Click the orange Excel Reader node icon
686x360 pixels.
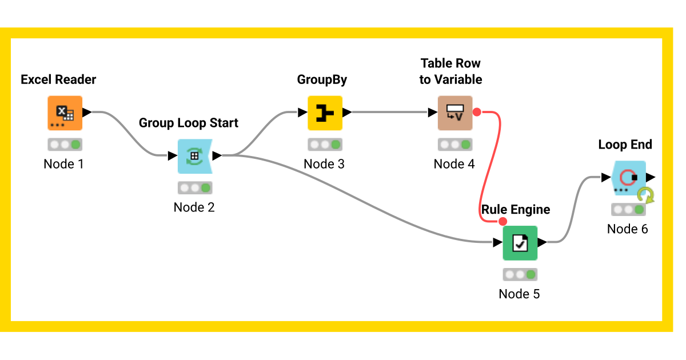[65, 113]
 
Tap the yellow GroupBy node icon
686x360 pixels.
[325, 113]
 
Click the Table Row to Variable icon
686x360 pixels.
[454, 113]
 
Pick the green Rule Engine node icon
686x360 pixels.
[520, 243]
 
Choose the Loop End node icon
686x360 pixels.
[628, 178]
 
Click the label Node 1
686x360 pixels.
[63, 164]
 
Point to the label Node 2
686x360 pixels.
[194, 207]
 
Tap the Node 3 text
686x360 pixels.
[324, 164]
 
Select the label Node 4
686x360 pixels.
[454, 164]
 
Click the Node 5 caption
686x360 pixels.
[519, 294]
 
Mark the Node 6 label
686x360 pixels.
[627, 229]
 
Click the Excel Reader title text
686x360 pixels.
[58, 79]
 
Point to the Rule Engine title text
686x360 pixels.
[516, 210]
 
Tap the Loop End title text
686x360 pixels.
[625, 145]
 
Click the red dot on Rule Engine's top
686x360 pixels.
[502, 222]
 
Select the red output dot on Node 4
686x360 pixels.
[476, 113]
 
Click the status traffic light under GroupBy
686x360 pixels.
[325, 145]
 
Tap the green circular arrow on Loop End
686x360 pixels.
[647, 195]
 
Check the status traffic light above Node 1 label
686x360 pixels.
[65, 145]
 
